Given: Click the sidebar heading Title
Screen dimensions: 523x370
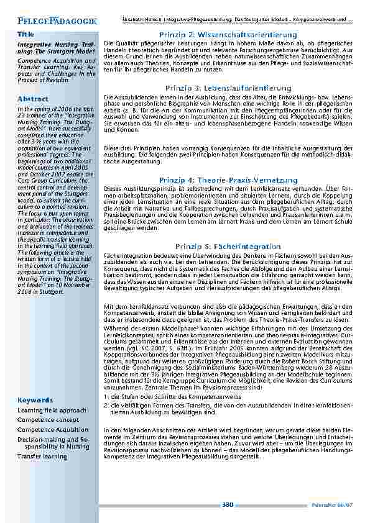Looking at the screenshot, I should (x=25, y=34).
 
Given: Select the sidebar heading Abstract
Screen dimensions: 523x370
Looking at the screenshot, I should (x=33, y=99).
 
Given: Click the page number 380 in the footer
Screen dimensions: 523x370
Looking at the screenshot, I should (x=227, y=504).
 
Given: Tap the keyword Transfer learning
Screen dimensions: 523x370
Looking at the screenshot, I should (x=42, y=456).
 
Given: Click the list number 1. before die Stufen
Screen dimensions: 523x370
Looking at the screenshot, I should (x=106, y=396).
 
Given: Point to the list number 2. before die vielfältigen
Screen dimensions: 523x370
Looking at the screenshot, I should (x=106, y=405).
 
